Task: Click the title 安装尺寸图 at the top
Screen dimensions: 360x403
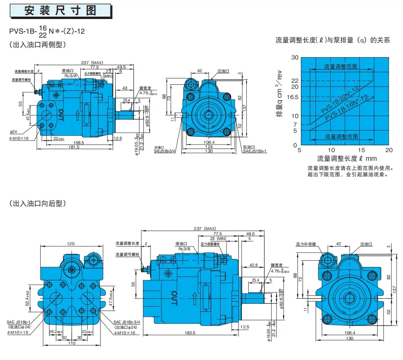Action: point(60,10)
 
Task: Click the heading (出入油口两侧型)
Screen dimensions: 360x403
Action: point(37,45)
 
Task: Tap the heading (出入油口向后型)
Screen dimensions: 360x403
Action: point(37,204)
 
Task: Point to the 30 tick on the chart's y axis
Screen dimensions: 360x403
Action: point(294,58)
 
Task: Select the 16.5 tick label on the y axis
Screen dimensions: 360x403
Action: point(292,97)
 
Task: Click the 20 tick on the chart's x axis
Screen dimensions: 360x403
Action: point(389,150)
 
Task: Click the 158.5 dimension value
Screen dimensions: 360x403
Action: point(80,142)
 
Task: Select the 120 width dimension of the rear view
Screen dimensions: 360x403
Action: point(70,244)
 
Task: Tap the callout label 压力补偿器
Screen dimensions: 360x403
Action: point(306,244)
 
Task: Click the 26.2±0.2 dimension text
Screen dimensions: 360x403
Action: point(54,332)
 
